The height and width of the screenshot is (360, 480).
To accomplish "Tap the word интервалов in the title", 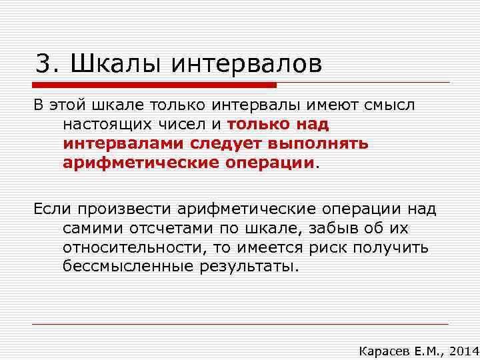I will point(247,64).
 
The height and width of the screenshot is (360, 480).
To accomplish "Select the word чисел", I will point(187,124).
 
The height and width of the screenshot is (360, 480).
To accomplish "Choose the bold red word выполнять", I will point(325,143).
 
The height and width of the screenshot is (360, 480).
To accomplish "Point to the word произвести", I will point(125,209).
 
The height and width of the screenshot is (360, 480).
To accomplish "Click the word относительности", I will point(131,248).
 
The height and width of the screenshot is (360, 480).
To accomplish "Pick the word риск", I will point(333,248).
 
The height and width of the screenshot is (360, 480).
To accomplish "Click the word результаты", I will point(246,267).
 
